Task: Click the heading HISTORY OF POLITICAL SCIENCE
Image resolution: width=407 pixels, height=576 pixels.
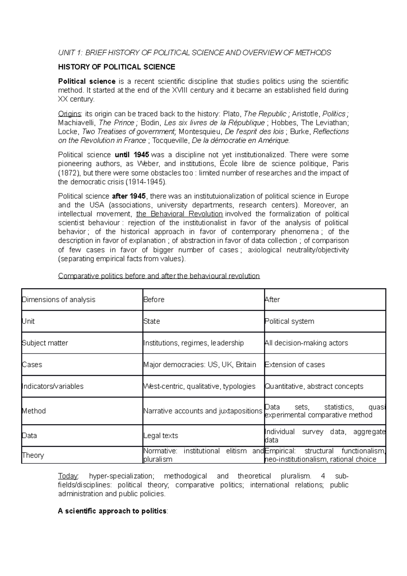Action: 117,67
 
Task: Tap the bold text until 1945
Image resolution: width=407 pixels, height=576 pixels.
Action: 132,155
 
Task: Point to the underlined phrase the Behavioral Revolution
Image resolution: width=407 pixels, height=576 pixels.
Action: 179,214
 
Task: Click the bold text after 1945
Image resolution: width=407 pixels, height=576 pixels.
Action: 130,196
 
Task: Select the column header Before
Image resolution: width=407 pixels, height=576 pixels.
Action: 154,300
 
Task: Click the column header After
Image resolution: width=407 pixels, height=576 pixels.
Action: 272,300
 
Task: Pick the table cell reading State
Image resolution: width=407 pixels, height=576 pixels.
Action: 152,322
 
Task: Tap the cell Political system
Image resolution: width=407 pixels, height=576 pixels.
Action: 289,322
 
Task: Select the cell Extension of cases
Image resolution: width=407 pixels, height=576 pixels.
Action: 295,365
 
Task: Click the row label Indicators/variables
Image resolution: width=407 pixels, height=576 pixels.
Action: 53,387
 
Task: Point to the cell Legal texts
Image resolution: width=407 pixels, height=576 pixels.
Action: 161,436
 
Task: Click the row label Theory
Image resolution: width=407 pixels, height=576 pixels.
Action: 33,456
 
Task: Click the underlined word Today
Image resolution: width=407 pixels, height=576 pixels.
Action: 68,476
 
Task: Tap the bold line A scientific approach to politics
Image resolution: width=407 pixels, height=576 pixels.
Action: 113,511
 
